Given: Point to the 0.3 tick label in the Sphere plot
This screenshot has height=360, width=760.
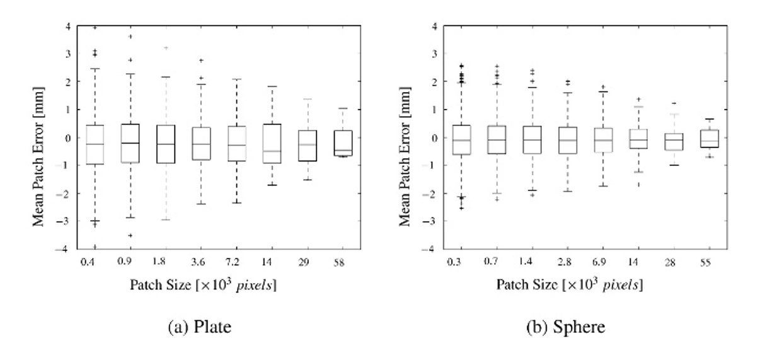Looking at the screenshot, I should coord(452,261).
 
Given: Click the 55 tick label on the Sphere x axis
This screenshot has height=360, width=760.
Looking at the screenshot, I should coord(705,261).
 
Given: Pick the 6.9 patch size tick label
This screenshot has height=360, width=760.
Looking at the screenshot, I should coord(602,261).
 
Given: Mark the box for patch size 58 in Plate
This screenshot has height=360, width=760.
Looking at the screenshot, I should coord(343,143).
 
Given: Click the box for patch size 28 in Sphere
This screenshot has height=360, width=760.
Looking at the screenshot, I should coord(674,142).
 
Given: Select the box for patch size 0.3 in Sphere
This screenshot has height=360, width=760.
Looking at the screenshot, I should coord(461,139).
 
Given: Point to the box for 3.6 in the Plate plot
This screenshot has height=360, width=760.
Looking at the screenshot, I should coord(201,144).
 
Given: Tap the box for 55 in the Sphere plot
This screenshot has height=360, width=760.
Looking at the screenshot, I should coord(710,139).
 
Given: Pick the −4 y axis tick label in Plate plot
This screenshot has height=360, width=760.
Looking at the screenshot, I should coord(66,249).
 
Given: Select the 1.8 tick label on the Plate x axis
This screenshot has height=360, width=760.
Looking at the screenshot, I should coord(160,260).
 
